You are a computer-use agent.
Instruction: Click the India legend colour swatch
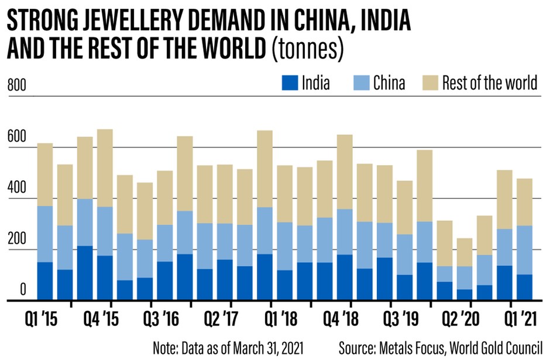tap(290, 83)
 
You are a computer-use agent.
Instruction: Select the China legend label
tap(389, 83)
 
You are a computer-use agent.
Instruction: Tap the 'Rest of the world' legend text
tap(490, 83)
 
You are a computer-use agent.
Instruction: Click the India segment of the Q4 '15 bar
tap(105, 277)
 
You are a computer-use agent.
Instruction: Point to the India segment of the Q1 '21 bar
tap(525, 287)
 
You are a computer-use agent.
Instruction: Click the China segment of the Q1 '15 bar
tap(44, 234)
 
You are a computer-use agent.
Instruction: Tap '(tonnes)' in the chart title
tap(308, 50)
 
